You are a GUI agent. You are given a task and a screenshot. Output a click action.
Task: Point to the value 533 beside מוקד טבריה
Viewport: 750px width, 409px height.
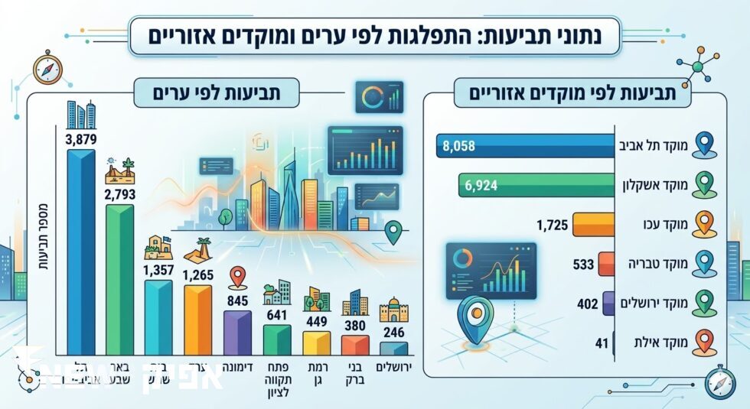[x=584, y=265]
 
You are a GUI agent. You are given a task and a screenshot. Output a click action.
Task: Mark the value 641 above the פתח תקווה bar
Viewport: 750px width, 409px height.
[x=276, y=314]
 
